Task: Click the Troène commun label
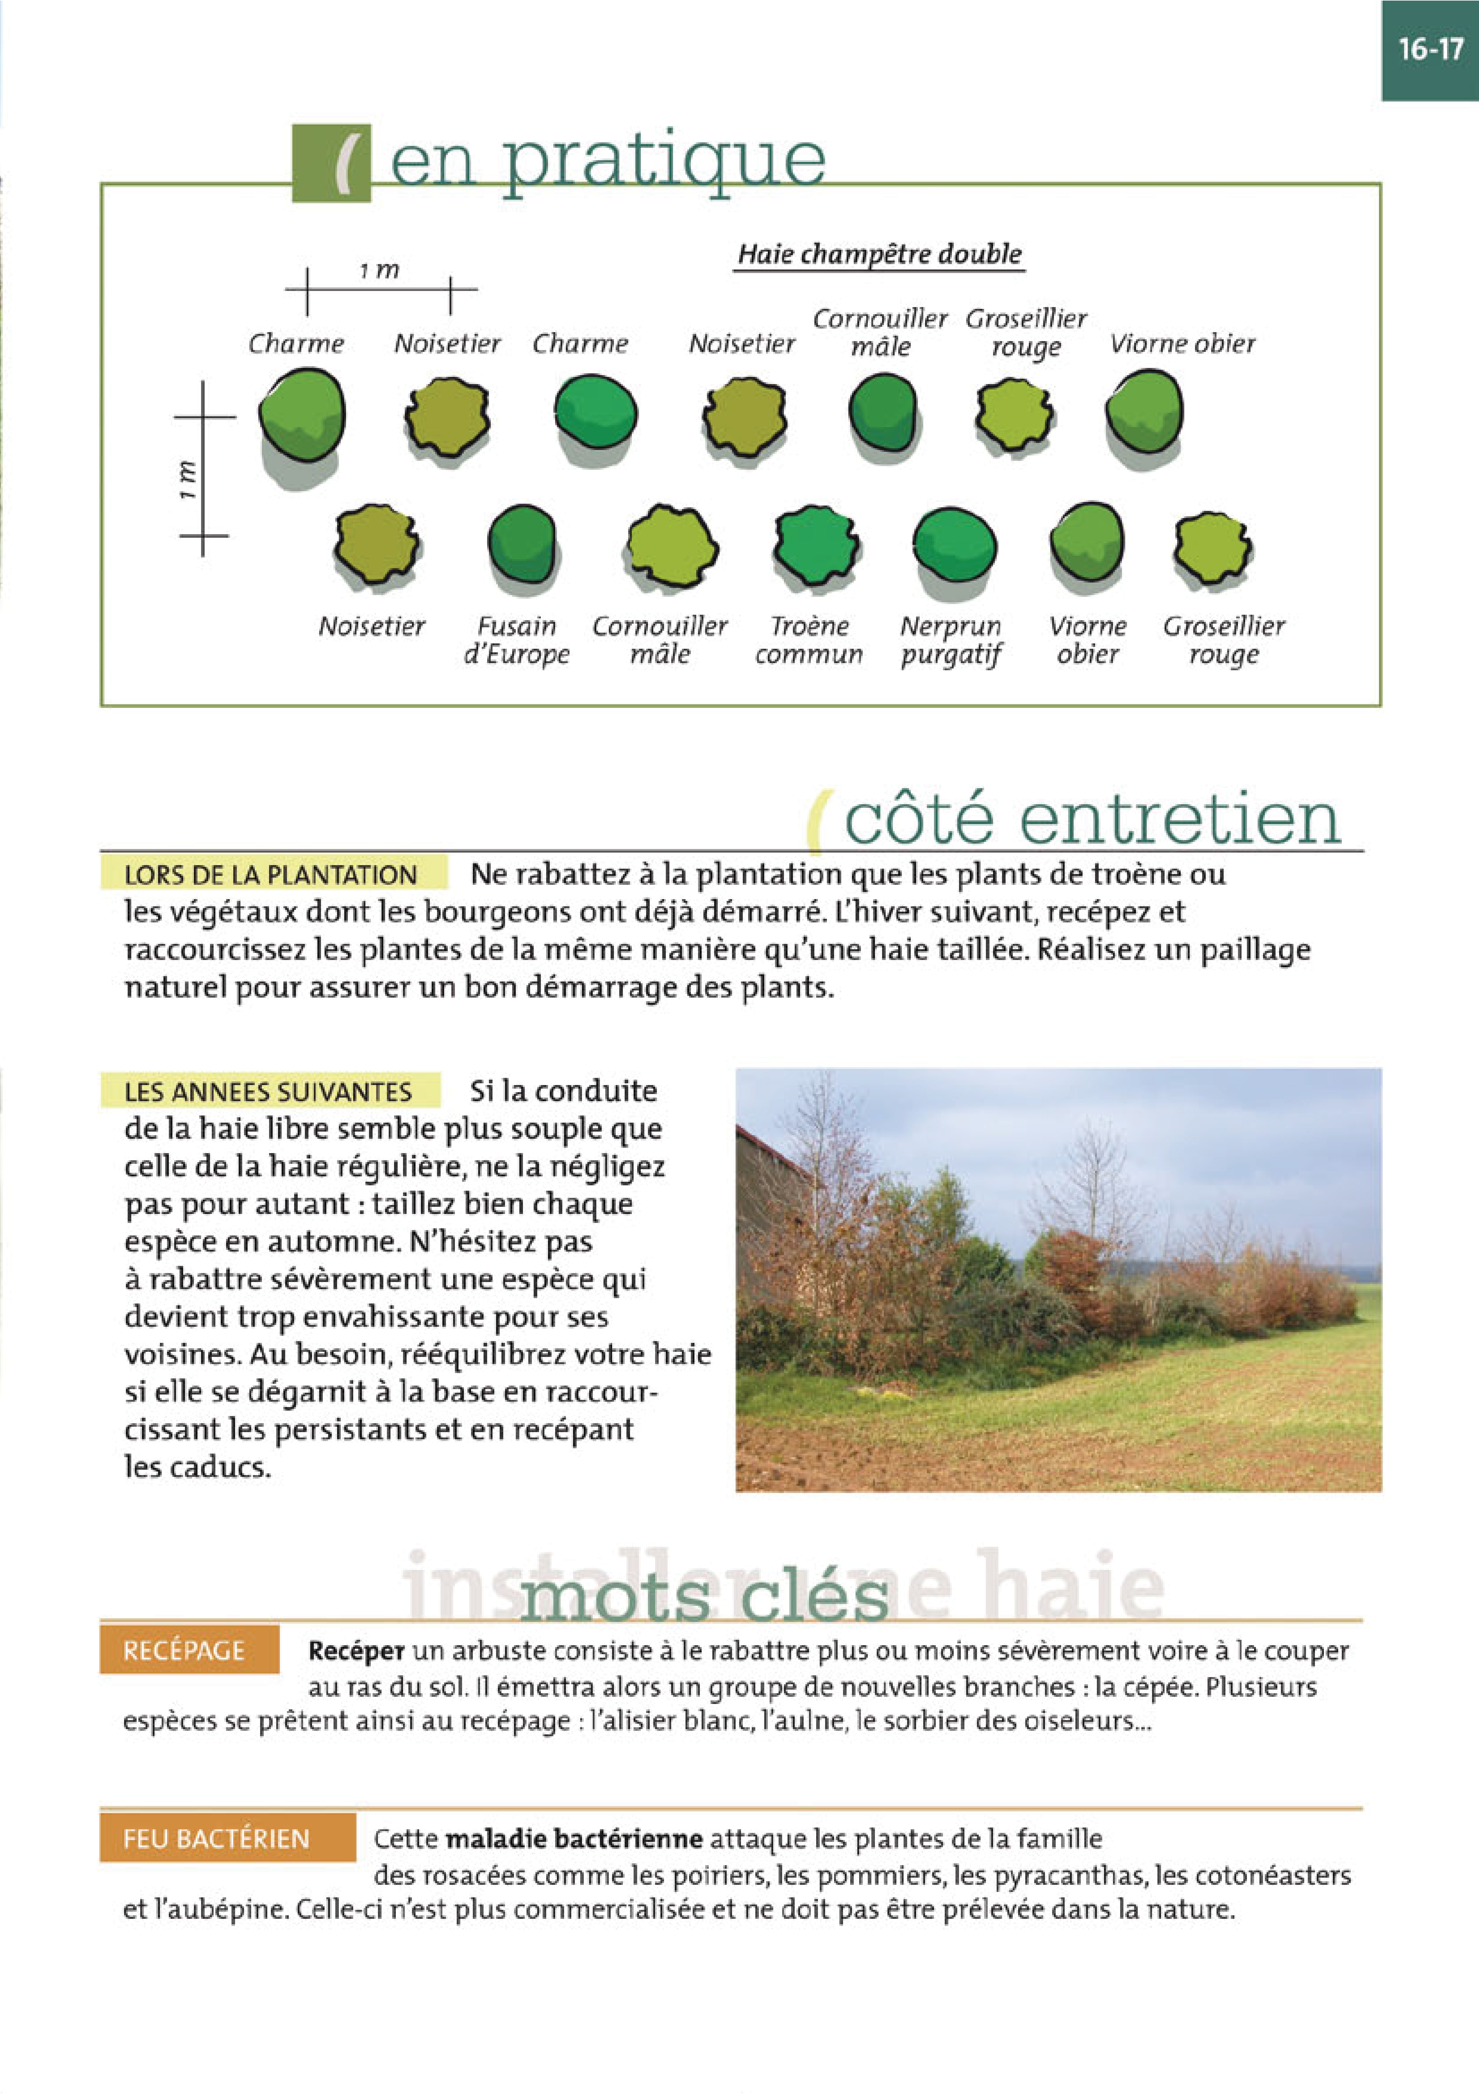809,640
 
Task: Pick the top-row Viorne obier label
1182,344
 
